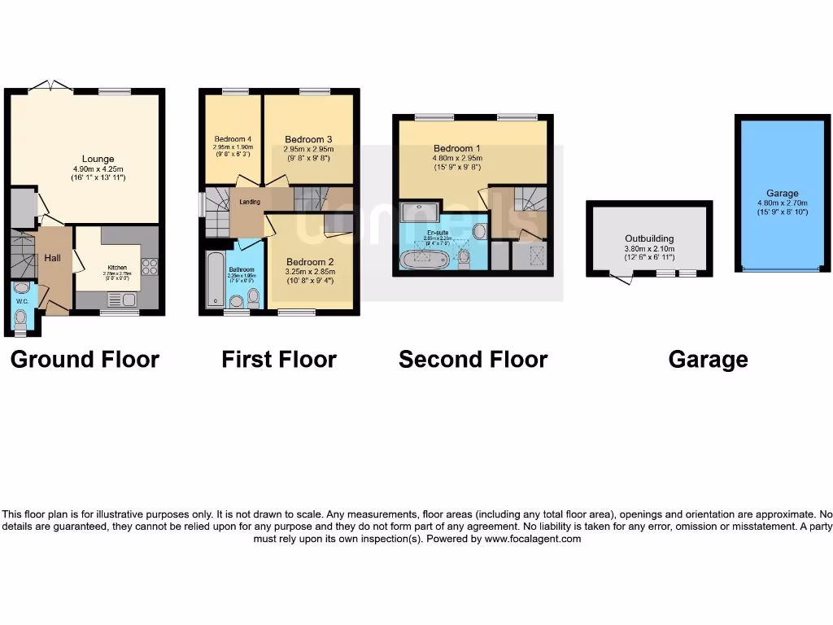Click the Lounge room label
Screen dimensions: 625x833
[98, 159]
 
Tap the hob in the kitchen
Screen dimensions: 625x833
[149, 266]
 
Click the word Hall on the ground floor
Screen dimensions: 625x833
[52, 258]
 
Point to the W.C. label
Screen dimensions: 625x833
[21, 301]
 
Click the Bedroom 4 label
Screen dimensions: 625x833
[233, 138]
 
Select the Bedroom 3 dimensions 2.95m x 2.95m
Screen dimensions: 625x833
[308, 150]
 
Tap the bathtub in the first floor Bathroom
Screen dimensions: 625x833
[214, 281]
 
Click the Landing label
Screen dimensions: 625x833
[250, 201]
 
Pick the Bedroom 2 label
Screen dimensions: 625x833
[308, 262]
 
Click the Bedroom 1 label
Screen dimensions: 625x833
[456, 149]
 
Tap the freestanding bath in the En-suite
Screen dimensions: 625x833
[424, 260]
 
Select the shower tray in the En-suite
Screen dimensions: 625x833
[421, 212]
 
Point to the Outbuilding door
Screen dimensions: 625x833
[621, 279]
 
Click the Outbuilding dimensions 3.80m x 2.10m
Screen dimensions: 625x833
[649, 249]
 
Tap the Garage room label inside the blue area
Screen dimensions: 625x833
[782, 194]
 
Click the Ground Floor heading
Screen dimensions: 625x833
[85, 359]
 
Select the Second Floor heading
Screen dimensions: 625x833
[473, 359]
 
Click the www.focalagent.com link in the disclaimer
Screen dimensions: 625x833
[533, 539]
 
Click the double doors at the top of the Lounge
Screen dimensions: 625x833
[50, 85]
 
